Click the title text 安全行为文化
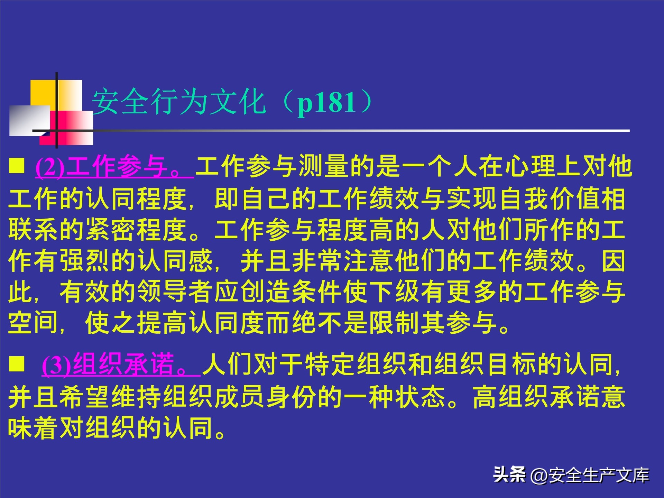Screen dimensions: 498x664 (179, 102)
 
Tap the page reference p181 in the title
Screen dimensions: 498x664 (326, 103)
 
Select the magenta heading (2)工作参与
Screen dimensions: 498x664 (114, 167)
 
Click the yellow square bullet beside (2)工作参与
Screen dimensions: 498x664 (17, 166)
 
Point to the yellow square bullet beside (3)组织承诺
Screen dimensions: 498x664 (17, 364)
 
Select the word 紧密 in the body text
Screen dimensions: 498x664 (112, 229)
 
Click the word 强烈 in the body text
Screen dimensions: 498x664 (86, 260)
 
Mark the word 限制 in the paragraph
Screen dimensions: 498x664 (394, 323)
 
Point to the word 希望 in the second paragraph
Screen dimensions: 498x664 (86, 396)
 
